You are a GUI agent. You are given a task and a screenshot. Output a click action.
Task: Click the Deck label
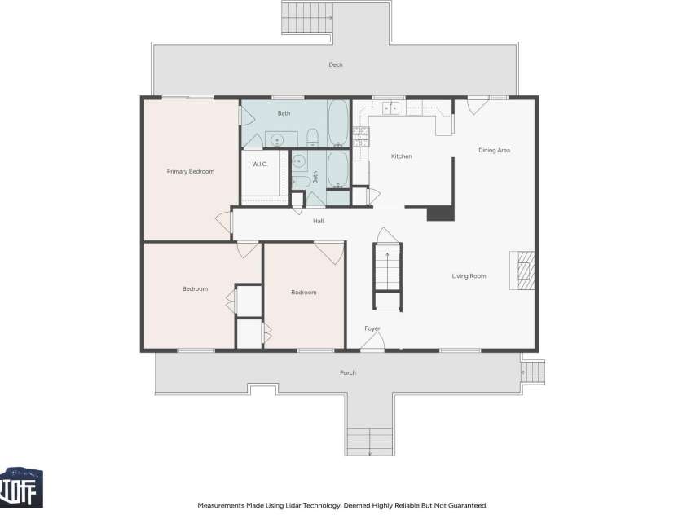[x=336, y=65]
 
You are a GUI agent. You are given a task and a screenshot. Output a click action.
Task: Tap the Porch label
[x=348, y=372]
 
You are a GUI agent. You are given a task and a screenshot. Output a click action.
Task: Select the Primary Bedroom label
[x=191, y=172]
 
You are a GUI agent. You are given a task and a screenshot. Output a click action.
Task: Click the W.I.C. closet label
[x=260, y=165]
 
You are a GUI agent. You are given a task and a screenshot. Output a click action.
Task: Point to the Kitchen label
[x=401, y=156]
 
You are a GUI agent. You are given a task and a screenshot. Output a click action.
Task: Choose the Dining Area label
[x=494, y=150]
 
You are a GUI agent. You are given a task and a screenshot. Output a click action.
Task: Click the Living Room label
[x=469, y=276]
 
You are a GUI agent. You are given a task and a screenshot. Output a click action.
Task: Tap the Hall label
[x=319, y=221]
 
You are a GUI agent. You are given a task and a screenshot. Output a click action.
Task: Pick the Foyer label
[x=372, y=328]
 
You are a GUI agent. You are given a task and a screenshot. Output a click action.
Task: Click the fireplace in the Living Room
[x=522, y=271]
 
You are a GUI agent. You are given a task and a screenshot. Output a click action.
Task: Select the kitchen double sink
[x=391, y=108]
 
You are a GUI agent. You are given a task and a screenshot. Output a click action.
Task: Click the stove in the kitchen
[x=361, y=137]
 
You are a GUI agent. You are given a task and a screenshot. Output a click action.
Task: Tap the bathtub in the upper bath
[x=338, y=124]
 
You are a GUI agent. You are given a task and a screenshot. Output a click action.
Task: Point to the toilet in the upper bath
[x=312, y=138]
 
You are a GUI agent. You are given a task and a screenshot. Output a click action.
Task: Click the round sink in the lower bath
[x=299, y=161]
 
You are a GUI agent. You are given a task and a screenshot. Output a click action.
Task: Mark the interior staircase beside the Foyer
[x=388, y=276]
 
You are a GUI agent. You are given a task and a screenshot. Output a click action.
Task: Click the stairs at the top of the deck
[x=306, y=18]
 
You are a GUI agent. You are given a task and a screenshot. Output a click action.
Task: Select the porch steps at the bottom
[x=370, y=442]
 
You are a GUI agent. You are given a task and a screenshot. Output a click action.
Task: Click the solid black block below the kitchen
[x=440, y=213]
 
